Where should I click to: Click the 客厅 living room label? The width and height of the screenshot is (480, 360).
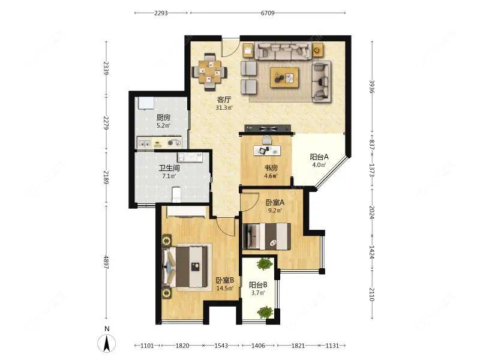click(224, 100)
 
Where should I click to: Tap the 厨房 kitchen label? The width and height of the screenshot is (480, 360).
click(163, 118)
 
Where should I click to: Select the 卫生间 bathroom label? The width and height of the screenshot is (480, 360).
click(169, 168)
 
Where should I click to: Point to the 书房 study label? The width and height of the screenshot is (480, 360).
click(271, 168)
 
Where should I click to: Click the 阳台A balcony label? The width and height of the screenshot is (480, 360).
click(319, 157)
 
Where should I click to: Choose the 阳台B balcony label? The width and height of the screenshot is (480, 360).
click(258, 285)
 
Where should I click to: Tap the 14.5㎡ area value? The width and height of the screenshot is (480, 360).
click(225, 289)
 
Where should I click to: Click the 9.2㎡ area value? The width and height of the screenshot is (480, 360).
click(275, 211)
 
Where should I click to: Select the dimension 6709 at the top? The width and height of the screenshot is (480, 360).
click(268, 13)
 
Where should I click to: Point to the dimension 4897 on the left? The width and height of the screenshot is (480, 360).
click(106, 262)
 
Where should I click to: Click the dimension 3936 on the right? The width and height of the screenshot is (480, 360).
click(372, 86)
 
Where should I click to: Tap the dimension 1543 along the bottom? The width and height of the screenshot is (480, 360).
click(221, 346)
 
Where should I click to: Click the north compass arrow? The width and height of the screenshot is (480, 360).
click(107, 343)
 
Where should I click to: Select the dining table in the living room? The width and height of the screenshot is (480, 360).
click(209, 72)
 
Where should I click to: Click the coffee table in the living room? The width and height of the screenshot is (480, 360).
click(284, 78)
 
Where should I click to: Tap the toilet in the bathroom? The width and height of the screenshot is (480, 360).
click(176, 194)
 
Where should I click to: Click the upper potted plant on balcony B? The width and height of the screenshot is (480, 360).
click(265, 264)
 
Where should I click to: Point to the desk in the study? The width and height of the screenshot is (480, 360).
click(267, 150)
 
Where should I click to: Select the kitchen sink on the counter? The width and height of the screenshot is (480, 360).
click(144, 143)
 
